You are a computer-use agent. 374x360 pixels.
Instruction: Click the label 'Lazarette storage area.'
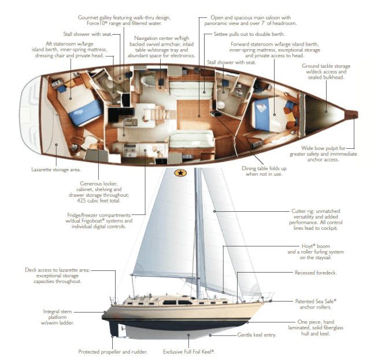56,170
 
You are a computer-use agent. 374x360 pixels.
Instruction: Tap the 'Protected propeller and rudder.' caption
113,351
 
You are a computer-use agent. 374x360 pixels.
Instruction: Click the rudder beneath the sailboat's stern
121,330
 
